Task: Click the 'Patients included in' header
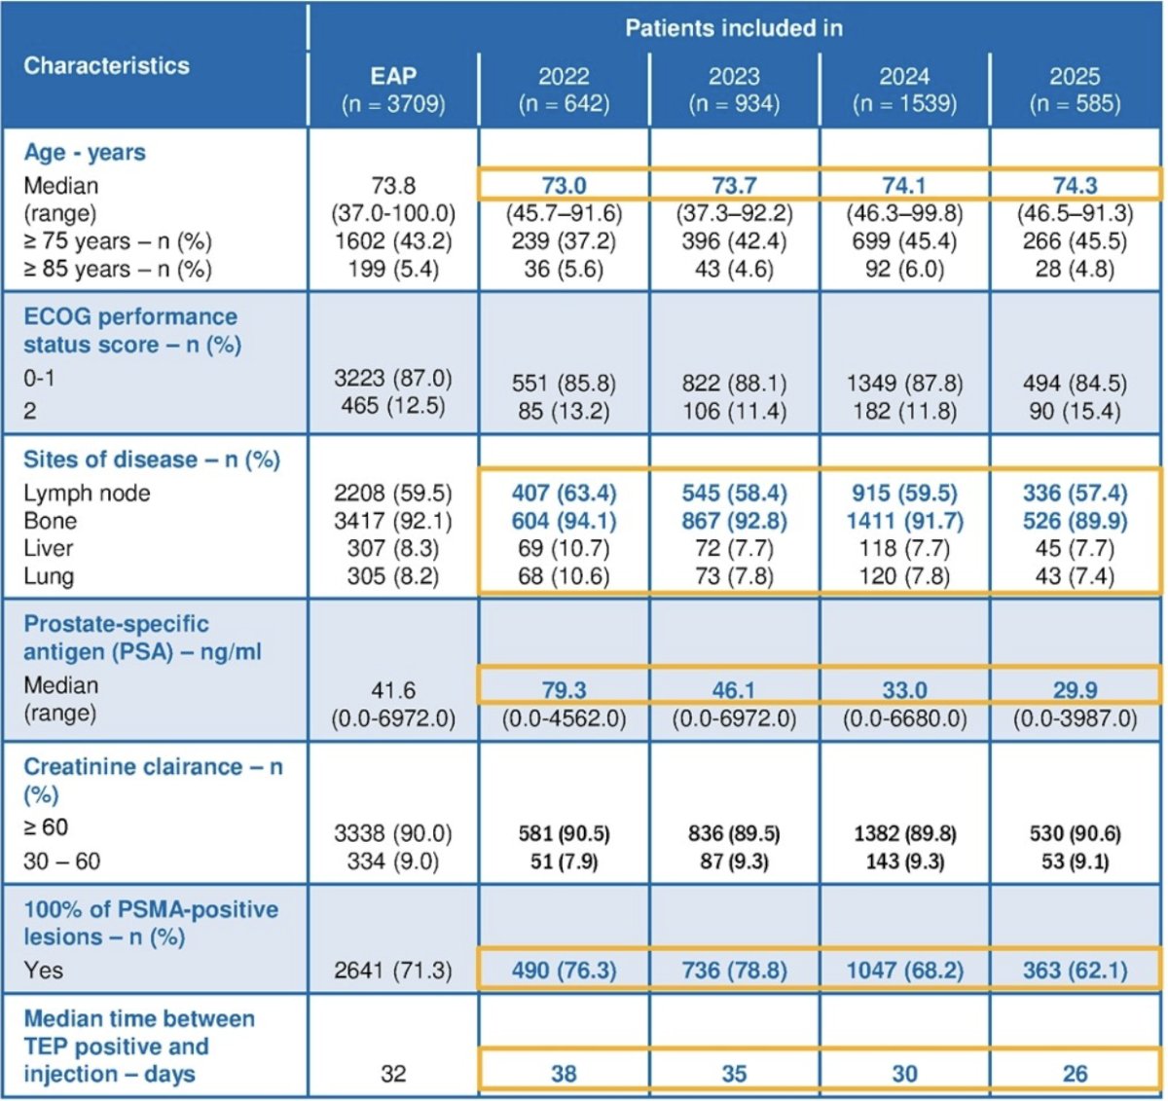point(733,28)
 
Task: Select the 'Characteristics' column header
point(106,65)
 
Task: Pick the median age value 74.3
point(1075,185)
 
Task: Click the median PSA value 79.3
point(564,689)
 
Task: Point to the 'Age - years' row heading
point(84,153)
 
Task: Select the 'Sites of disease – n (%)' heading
point(152,459)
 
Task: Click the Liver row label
point(49,548)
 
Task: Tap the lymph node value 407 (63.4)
point(564,493)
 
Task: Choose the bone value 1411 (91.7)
point(904,520)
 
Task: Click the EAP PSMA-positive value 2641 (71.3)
point(393,971)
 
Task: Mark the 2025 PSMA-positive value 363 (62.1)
point(1075,971)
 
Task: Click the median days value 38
point(564,1074)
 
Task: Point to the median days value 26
point(1075,1074)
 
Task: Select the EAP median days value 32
point(393,1074)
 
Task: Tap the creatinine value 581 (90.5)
point(564,833)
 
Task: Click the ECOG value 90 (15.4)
point(1075,411)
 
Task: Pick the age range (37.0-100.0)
point(393,213)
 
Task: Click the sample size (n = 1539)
point(904,103)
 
